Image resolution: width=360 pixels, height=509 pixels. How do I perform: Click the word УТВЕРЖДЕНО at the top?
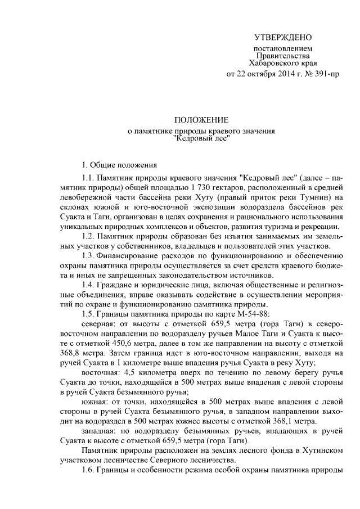(x=282, y=38)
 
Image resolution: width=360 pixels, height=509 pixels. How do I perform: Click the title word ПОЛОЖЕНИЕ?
(x=201, y=120)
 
